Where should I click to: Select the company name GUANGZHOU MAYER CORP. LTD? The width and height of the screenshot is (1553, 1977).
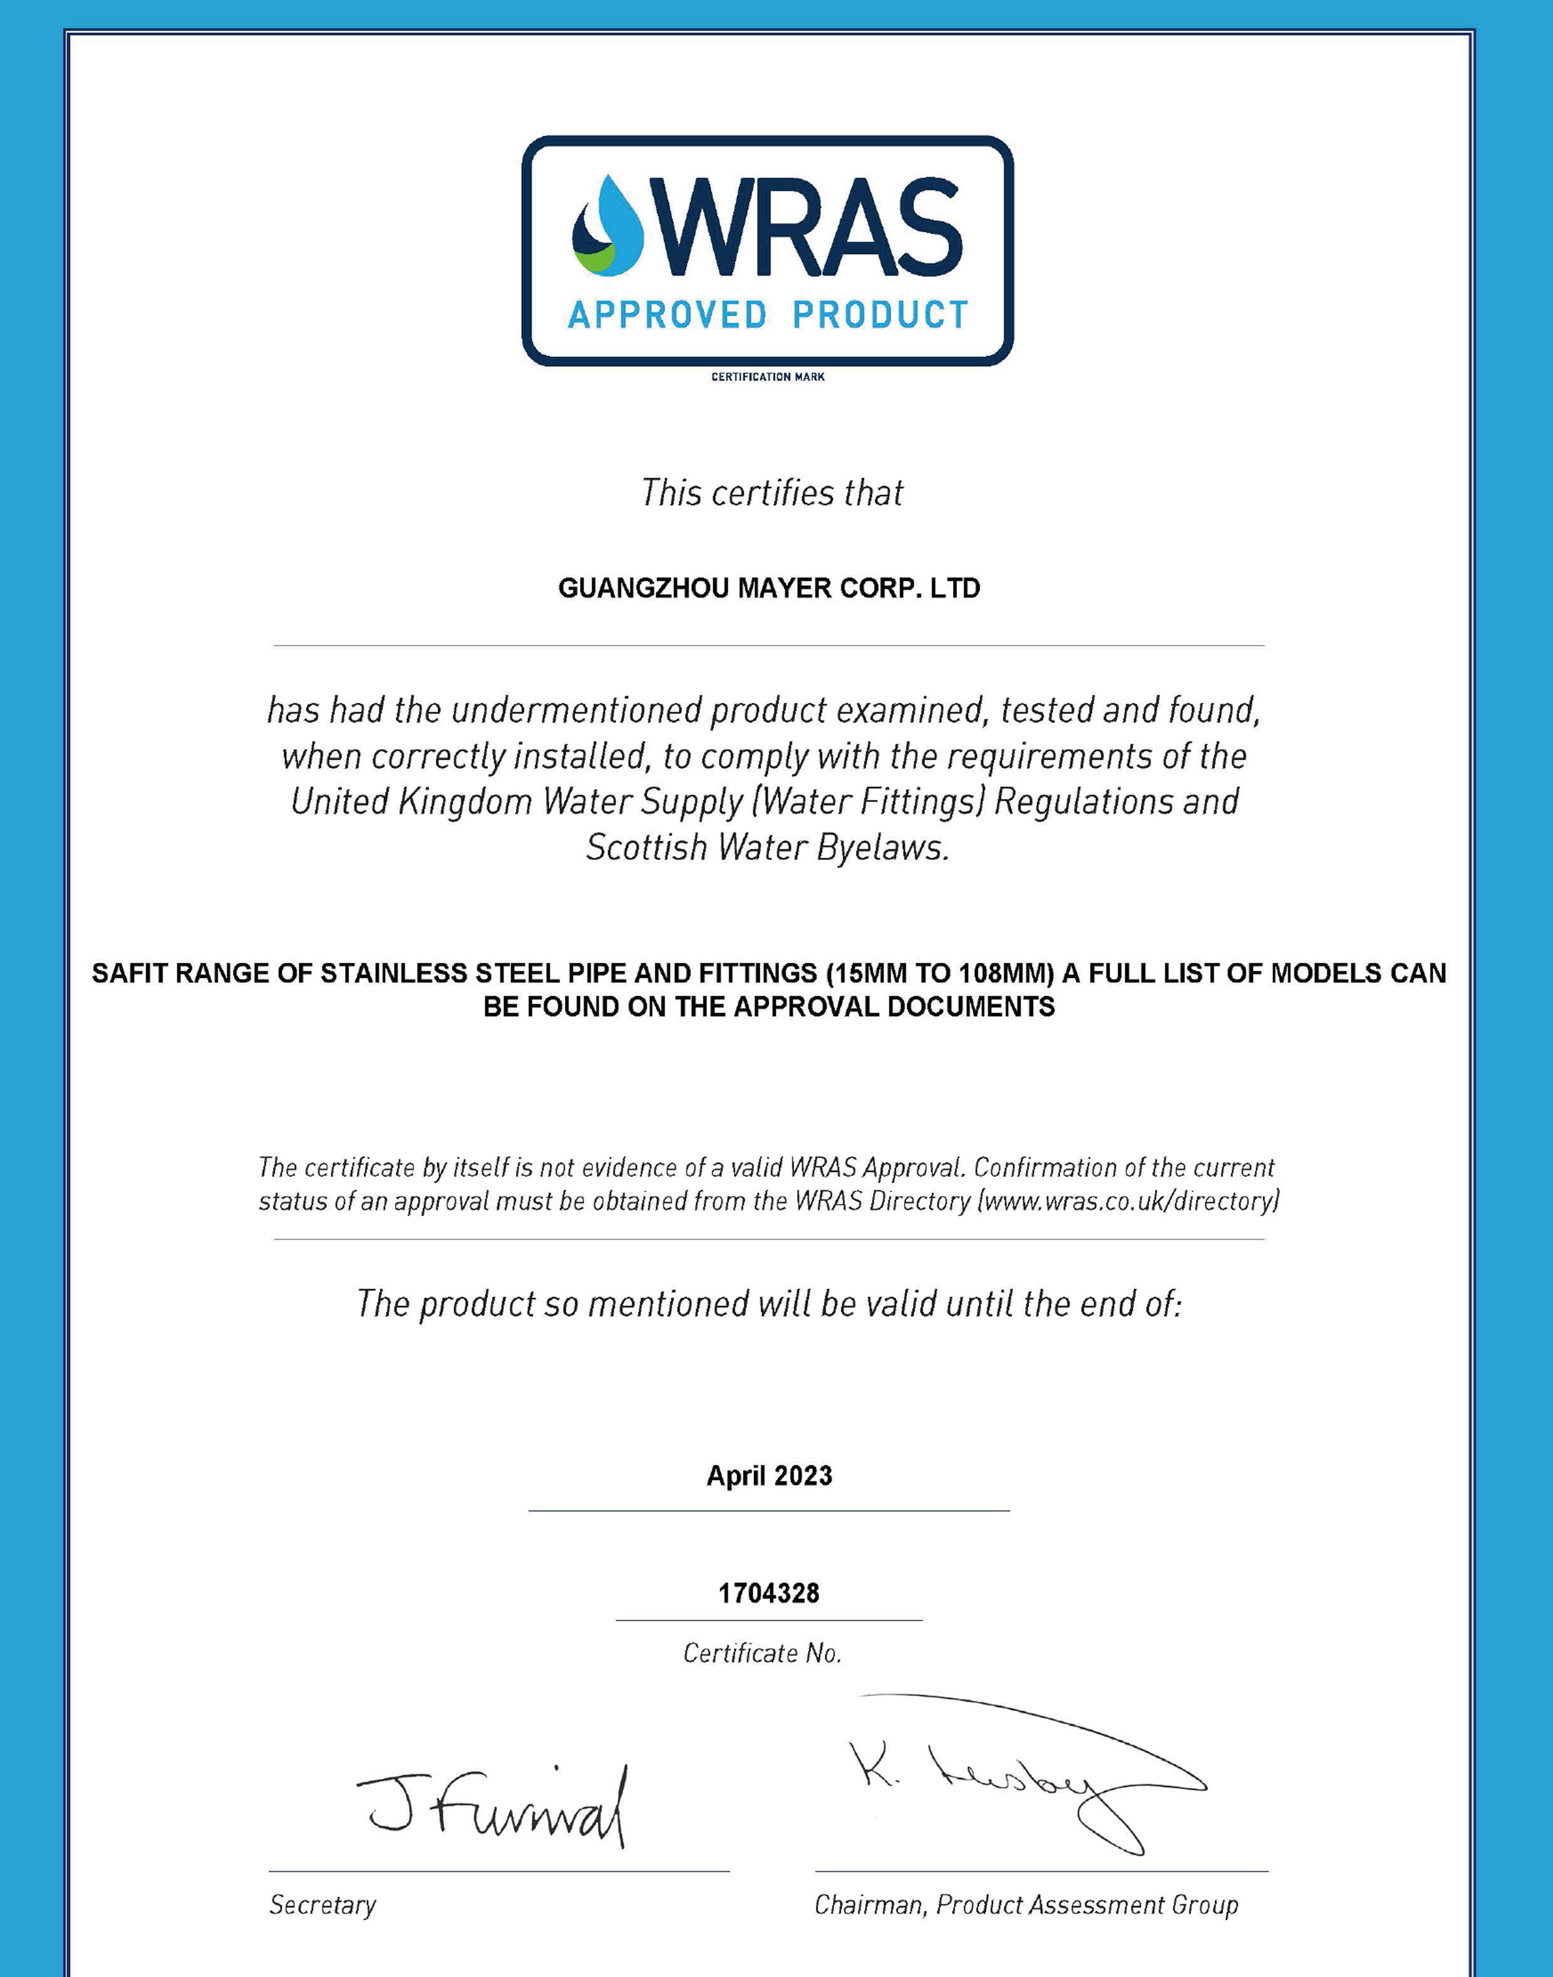pyautogui.click(x=768, y=588)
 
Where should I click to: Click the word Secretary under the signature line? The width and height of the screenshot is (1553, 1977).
pyautogui.click(x=322, y=1905)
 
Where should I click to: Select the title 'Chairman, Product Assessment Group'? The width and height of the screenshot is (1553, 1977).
pyautogui.click(x=1026, y=1905)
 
